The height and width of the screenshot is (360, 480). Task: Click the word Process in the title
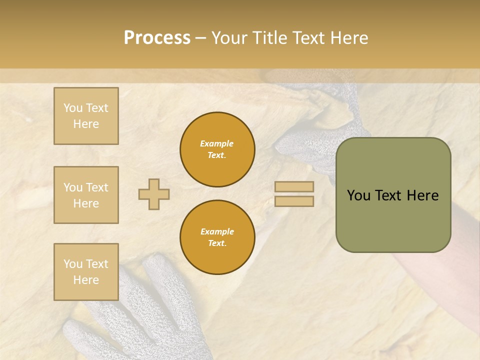[157, 38]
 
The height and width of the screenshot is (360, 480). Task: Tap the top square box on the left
[86, 116]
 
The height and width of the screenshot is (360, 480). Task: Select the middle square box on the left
[86, 195]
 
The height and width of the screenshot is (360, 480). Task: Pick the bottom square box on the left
[86, 272]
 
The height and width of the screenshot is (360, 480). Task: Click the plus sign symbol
[154, 194]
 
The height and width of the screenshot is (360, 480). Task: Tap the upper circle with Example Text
[217, 149]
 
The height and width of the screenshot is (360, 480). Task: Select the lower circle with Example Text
[217, 237]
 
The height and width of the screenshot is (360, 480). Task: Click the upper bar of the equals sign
[294, 186]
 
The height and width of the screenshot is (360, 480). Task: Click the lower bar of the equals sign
[294, 201]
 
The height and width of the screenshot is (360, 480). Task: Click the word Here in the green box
[422, 195]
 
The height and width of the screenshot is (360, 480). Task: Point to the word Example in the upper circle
[217, 143]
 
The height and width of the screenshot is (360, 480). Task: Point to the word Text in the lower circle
[217, 243]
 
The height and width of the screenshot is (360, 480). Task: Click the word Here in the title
[349, 38]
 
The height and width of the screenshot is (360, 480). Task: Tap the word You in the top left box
[73, 108]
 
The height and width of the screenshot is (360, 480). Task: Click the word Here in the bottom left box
[86, 280]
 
